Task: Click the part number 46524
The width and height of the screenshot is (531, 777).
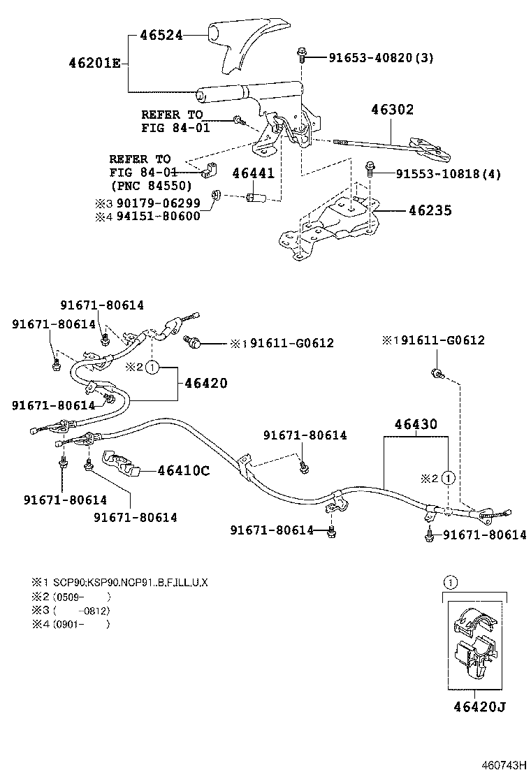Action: point(161,34)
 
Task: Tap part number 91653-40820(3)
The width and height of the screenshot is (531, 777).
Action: point(381,58)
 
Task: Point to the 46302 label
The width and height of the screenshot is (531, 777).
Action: point(392,110)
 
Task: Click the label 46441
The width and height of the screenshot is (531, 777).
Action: point(253,174)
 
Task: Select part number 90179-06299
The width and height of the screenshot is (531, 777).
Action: point(159,203)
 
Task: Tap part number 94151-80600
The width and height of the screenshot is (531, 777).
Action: point(159,216)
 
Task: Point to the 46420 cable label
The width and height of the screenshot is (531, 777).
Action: point(205,383)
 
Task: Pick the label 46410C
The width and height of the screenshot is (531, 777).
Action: point(183,470)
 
